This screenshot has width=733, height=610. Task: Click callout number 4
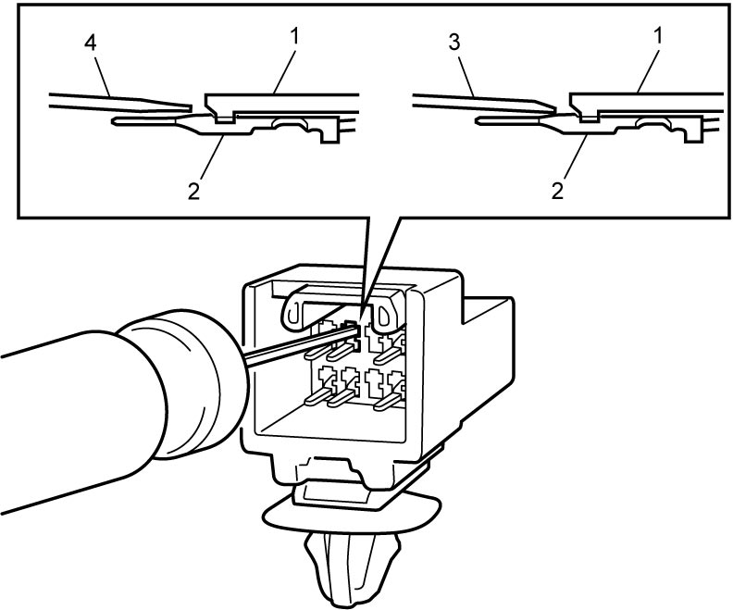pos(90,43)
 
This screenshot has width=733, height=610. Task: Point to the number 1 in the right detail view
pos(657,36)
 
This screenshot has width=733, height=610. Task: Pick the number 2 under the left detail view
pos(193,192)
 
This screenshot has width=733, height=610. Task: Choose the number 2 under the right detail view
pos(557,192)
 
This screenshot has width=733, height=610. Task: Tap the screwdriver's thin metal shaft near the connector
pos(299,346)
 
